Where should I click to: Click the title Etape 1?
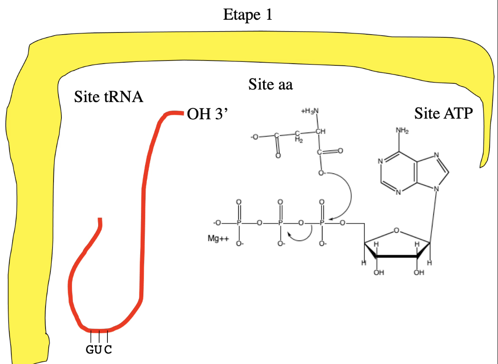(x=248, y=14)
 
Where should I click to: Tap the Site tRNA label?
(x=109, y=96)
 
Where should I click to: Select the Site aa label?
(x=270, y=84)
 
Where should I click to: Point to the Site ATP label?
(x=444, y=114)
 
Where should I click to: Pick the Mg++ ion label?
(x=217, y=239)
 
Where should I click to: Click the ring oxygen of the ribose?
(x=396, y=230)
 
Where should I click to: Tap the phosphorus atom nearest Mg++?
(x=239, y=224)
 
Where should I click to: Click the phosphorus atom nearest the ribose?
(x=322, y=224)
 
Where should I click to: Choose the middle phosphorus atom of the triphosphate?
(x=281, y=224)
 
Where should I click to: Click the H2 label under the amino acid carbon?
(x=299, y=140)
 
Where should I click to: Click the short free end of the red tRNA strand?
(x=100, y=221)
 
